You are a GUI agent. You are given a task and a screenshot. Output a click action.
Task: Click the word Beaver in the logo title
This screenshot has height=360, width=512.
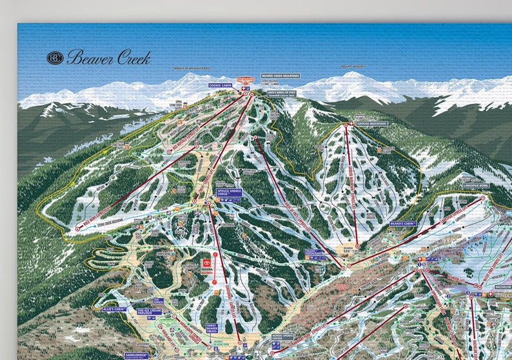tap(90, 57)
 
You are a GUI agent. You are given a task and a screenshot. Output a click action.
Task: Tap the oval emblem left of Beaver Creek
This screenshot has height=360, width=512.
tap(55, 57)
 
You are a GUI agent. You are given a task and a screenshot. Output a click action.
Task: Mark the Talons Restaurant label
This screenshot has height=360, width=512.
tap(313, 252)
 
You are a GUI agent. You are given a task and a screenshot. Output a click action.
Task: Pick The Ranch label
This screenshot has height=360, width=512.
tap(159, 301)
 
